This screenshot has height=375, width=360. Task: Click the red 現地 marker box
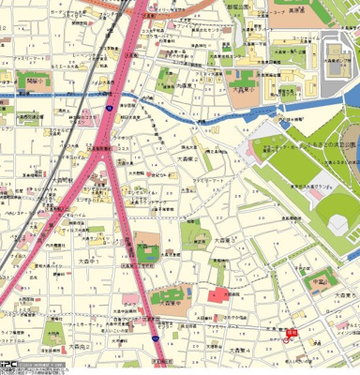[292, 331]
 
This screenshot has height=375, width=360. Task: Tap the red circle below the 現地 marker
[287, 340]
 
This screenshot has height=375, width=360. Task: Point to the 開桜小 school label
[37, 82]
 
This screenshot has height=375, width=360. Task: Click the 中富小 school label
[319, 278]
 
